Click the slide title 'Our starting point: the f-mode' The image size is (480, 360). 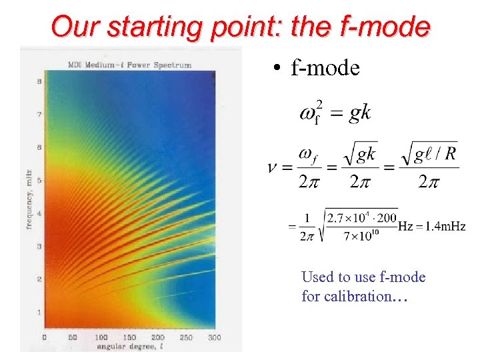coord(240,27)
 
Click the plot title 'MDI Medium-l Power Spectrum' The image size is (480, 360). coord(129,65)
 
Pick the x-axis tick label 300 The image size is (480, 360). coord(214,338)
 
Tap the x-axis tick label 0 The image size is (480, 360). coord(45,338)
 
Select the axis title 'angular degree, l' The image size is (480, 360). coord(129,347)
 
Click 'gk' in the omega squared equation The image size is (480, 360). coord(360,113)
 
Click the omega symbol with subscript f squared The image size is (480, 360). coord(310,113)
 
